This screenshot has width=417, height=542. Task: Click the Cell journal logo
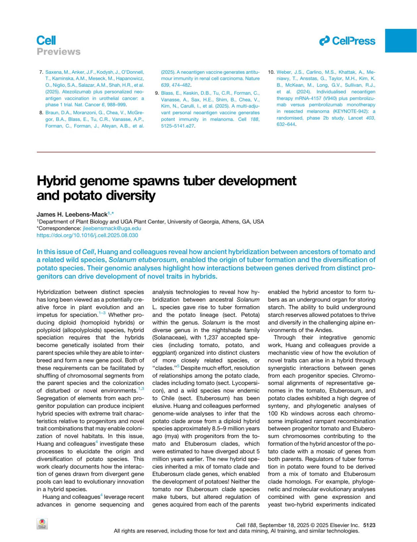pyautogui.click(x=46, y=41)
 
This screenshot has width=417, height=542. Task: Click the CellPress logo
pyautogui.click(x=347, y=41)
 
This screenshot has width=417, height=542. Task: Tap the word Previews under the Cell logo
pyautogui.click(x=58, y=52)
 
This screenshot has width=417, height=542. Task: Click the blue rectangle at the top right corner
pyautogui.click(x=401, y=41)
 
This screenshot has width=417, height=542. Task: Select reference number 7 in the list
pyautogui.click(x=41, y=72)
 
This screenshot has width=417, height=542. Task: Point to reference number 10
pyautogui.click(x=271, y=72)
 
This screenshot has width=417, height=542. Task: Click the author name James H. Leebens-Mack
pyautogui.click(x=72, y=214)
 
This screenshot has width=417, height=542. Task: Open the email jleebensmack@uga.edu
pyautogui.click(x=112, y=228)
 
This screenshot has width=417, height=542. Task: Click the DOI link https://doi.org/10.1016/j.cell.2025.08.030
pyautogui.click(x=87, y=235)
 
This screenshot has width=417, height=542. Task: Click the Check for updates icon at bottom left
pyautogui.click(x=42, y=524)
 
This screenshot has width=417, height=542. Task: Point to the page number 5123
pyautogui.click(x=369, y=525)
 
